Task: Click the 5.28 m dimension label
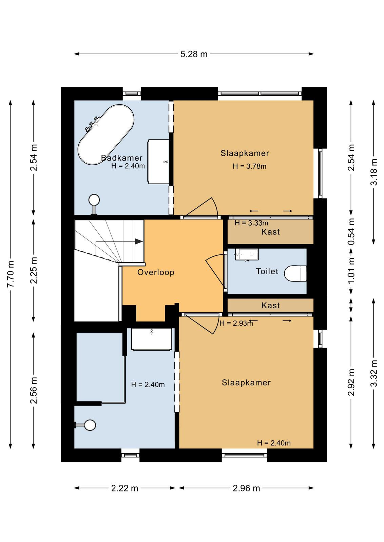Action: pos(194,54)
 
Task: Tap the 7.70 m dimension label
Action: pos(11,274)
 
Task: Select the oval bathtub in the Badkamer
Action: pos(106,134)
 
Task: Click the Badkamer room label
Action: pos(122,158)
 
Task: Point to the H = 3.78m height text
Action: pos(250,166)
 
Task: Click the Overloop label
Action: pos(156,272)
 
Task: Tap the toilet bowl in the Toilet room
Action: pos(295,274)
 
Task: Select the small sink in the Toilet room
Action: pos(247,254)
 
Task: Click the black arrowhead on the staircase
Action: pos(139,241)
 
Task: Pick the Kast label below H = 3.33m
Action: pos(270,232)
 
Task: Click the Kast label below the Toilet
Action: pos(270,305)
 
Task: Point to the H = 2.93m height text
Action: pos(236,323)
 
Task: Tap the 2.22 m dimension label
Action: pos(124,488)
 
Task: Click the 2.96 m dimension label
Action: pos(246,488)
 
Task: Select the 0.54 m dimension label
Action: pos(351,232)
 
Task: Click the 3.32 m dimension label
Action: pos(374,373)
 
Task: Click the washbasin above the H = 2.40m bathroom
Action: pos(151,339)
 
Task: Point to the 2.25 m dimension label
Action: pos(34,270)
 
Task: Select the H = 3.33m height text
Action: pos(251,223)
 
